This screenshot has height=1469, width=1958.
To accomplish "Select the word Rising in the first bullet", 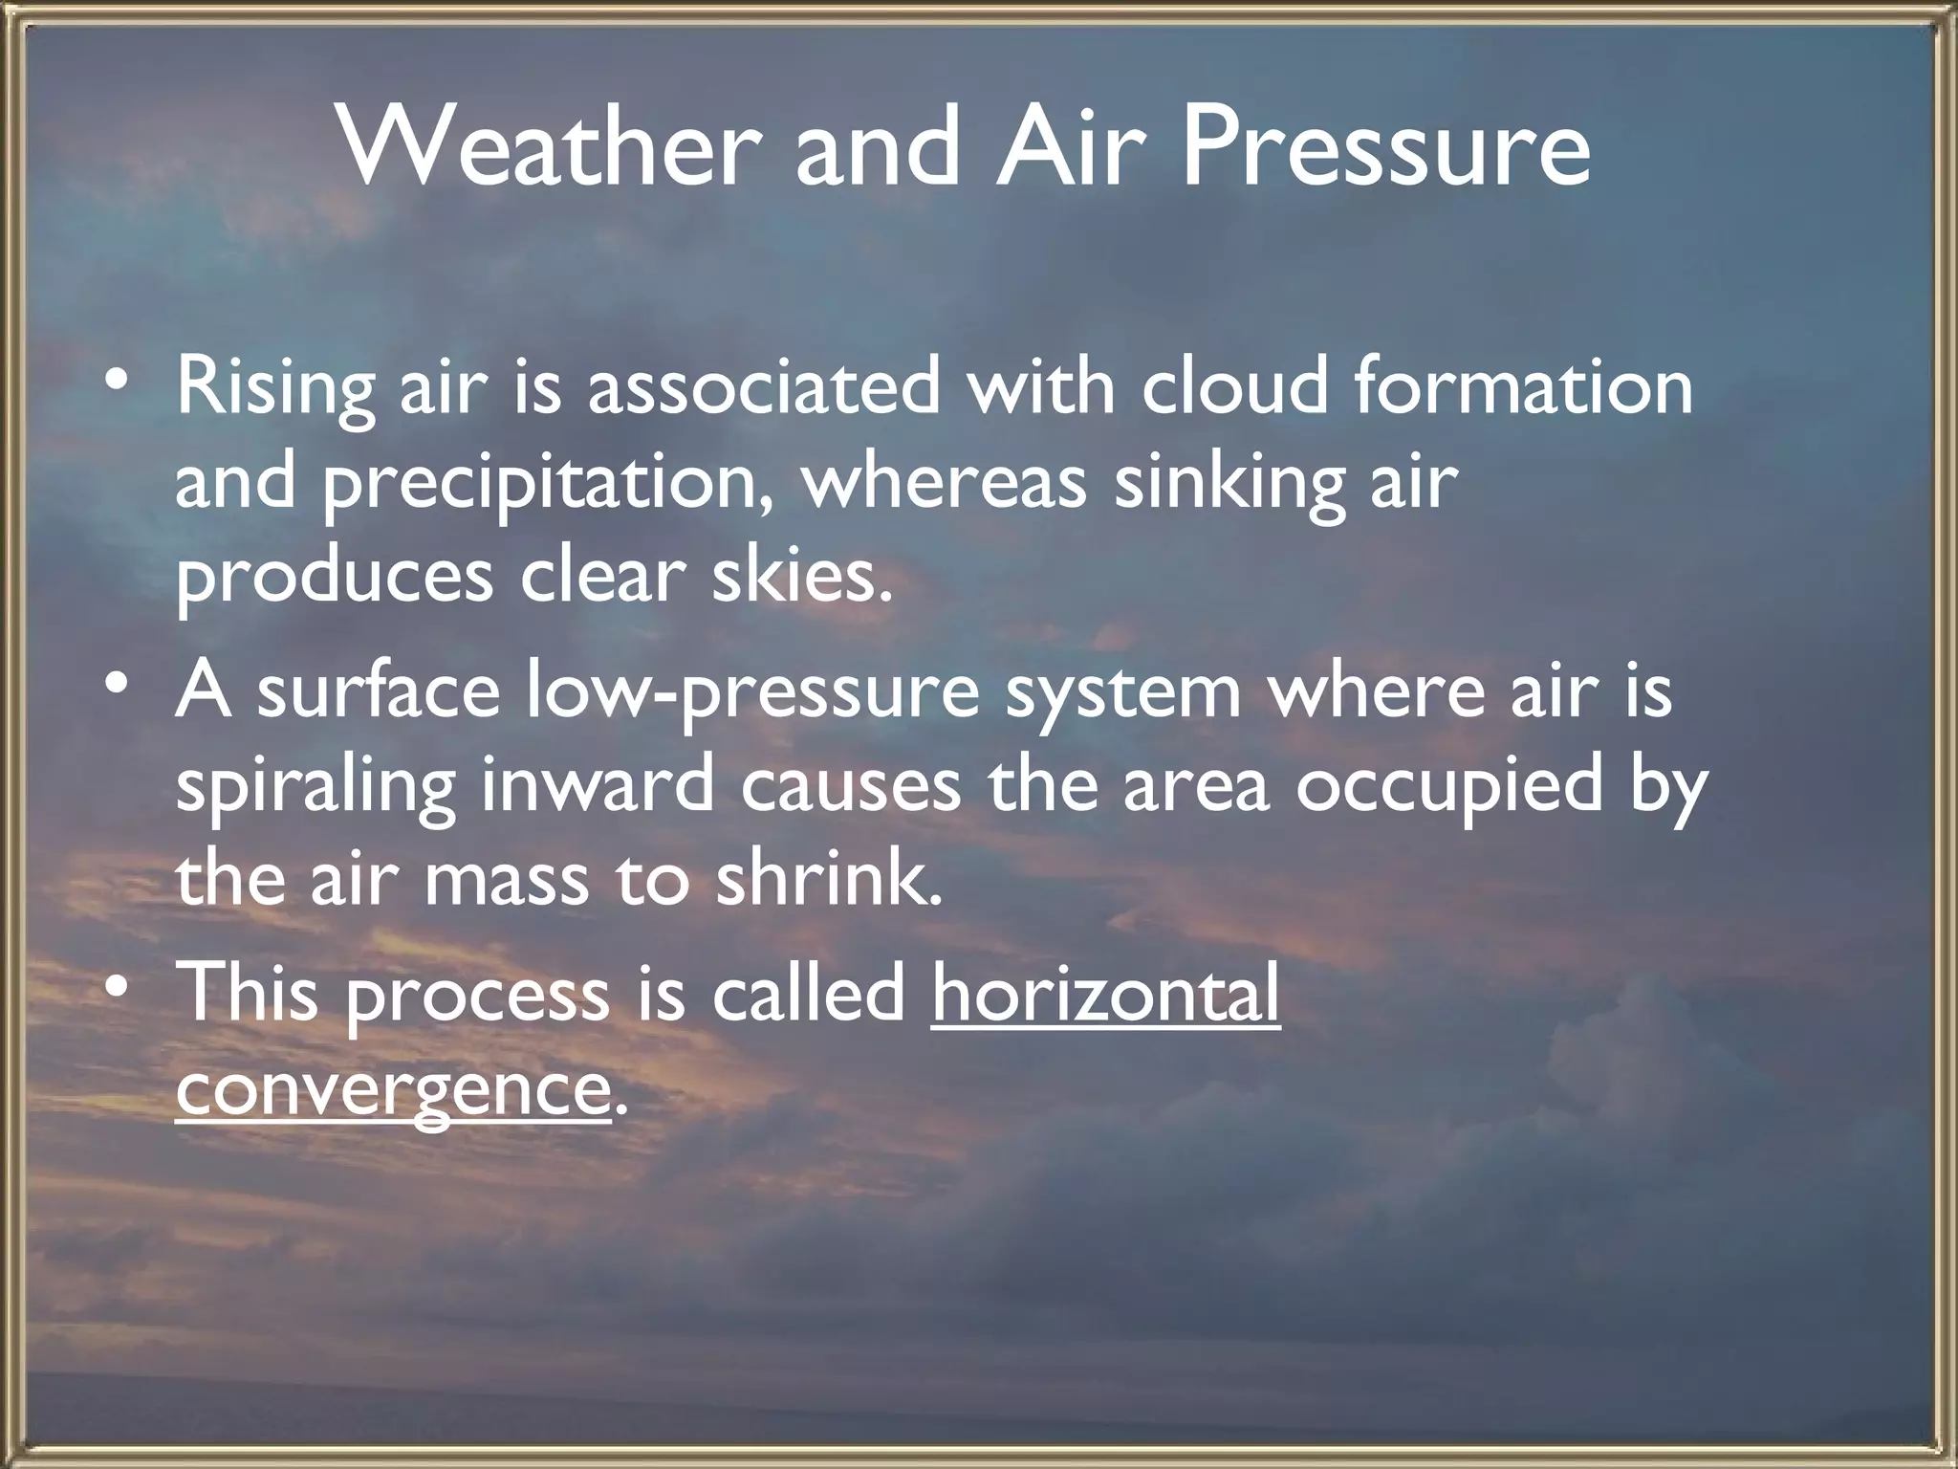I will tap(275, 390).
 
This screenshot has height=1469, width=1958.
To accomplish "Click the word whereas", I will tap(944, 482).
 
